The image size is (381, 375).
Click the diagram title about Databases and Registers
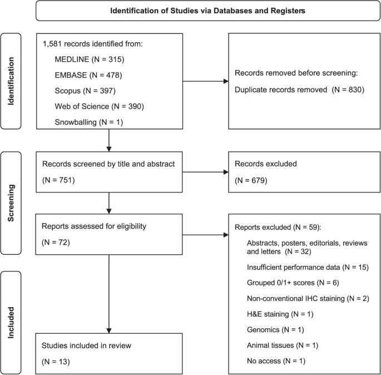pos(208,11)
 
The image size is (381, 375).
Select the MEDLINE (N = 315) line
pos(90,60)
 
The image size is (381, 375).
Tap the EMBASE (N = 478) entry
pos(88,75)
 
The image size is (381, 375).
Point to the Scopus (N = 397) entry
pos(85,91)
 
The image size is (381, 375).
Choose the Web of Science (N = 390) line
pos(99,106)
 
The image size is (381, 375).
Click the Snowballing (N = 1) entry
pos(88,122)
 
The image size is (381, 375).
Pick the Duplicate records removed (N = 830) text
pos(299,90)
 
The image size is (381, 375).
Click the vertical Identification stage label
pos(11,81)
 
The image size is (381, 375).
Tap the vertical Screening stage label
pos(11,203)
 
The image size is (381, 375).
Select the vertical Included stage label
pos(11,323)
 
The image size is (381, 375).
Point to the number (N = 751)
pos(58,180)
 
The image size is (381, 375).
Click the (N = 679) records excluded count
pos(251,181)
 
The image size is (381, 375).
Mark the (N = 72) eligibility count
pos(56,243)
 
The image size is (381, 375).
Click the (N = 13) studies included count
pos(56,362)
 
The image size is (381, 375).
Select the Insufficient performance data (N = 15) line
pos(308,267)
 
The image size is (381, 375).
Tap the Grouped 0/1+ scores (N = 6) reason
pos(293,283)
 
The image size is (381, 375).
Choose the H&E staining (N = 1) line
pos(280,314)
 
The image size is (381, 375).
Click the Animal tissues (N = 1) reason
pos(283,346)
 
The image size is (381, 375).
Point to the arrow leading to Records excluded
pos(205,172)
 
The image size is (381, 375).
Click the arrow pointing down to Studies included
pos(109,294)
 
